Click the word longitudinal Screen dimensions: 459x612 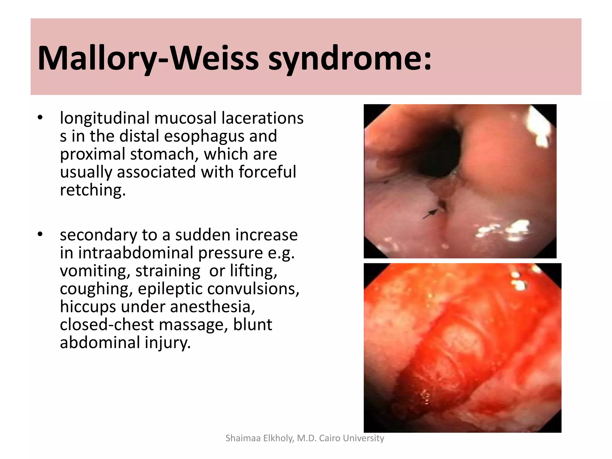(x=104, y=118)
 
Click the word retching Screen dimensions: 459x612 (x=93, y=190)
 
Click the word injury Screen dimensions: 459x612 (x=168, y=343)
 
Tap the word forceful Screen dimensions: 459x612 (x=267, y=172)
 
